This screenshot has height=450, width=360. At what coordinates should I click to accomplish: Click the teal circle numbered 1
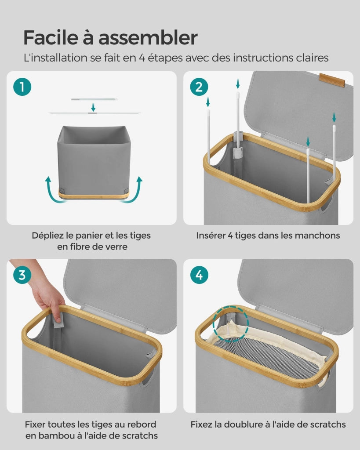(x=22, y=87)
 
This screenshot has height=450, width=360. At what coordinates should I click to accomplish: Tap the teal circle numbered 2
(x=199, y=87)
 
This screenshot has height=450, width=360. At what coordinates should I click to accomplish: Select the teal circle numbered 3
(x=22, y=275)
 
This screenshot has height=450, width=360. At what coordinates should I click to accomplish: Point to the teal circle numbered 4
(x=199, y=275)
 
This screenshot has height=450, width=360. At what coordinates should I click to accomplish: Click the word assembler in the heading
(x=148, y=37)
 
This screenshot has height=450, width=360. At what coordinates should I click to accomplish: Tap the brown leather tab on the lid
(x=332, y=80)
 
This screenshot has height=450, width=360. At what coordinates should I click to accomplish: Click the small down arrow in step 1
(x=93, y=107)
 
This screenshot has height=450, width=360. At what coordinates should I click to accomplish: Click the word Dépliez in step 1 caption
(x=47, y=236)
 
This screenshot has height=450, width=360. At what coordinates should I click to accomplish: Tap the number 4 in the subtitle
(x=142, y=58)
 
